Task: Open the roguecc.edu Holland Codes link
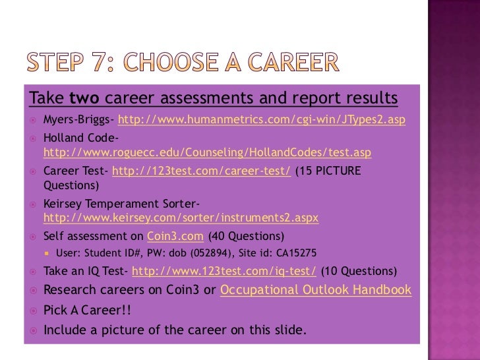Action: coord(207,153)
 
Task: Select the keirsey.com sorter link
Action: coord(181,217)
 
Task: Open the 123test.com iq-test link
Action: coord(224,271)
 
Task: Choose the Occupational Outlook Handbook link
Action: coord(315,290)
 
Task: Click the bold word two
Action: coord(84,99)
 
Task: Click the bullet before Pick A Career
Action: coord(33,310)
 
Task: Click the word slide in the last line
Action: coord(287,330)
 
